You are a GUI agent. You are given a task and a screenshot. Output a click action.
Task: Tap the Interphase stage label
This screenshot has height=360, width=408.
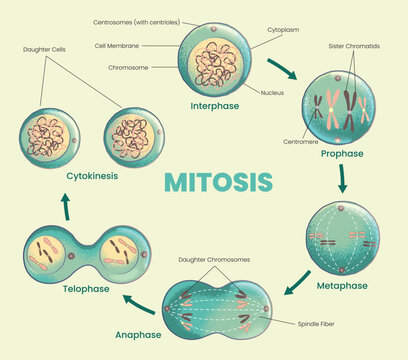(x=216, y=105)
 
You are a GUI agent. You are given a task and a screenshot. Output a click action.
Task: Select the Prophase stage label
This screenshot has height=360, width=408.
(x=341, y=155)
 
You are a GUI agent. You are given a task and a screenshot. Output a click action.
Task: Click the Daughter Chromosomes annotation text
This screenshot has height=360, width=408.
(x=214, y=260)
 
